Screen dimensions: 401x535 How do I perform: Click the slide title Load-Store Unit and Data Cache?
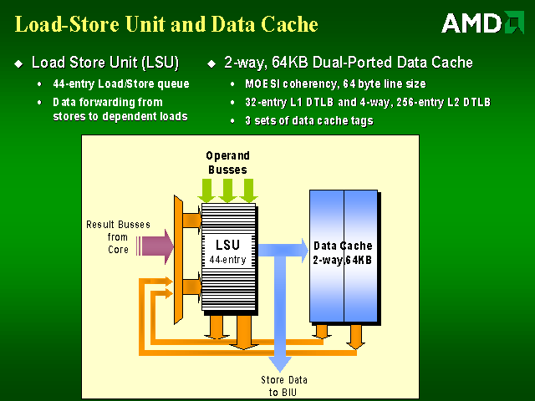(166, 25)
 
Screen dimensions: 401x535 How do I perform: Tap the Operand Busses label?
(227, 162)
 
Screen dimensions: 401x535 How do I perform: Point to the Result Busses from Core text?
(107, 237)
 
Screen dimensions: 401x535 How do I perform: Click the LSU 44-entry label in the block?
(227, 251)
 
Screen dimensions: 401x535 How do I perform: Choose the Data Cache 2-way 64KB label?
(343, 253)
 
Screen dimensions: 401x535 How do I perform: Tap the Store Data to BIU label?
(283, 386)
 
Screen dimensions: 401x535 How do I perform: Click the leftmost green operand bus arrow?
(206, 189)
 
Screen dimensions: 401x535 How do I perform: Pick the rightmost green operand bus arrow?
(248, 189)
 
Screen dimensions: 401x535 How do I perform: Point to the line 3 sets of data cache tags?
(308, 121)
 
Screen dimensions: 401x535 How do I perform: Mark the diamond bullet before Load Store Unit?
(19, 63)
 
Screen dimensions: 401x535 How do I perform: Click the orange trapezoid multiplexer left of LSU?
(178, 259)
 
